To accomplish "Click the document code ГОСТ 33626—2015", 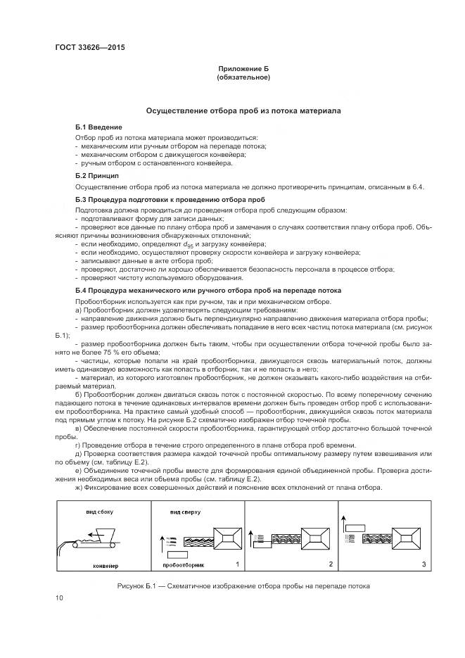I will [x=84, y=49].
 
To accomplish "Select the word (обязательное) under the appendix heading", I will [x=243, y=77].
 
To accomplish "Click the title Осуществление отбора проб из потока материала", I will [x=243, y=111].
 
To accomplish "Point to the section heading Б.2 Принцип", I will [x=97, y=175].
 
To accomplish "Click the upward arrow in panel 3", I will [x=343, y=521].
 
